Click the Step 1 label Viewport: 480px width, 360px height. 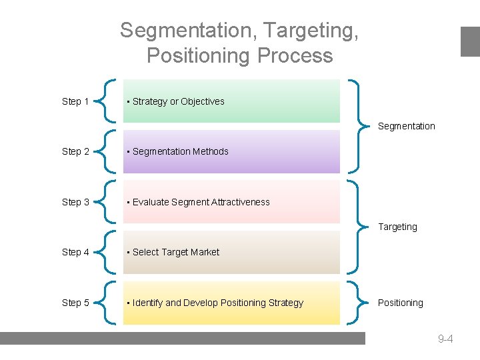tap(75, 101)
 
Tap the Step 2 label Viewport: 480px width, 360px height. tap(75, 151)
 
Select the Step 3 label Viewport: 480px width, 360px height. tap(75, 202)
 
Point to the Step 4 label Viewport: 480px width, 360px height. tap(75, 252)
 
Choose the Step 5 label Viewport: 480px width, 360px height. tap(75, 303)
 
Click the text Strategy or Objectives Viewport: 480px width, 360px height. tap(178, 101)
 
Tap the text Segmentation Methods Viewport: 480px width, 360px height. tap(180, 151)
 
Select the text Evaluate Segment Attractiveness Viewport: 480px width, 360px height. tap(201, 202)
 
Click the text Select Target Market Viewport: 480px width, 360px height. tap(175, 252)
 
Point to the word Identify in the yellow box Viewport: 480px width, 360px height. tap(147, 303)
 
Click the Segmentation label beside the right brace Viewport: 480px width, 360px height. tap(406, 126)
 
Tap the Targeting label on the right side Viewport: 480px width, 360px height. tap(397, 227)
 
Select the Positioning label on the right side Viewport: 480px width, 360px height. tap(400, 303)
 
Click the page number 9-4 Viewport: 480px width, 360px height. tap(445, 339)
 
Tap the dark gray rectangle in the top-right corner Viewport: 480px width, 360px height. tap(470, 41)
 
